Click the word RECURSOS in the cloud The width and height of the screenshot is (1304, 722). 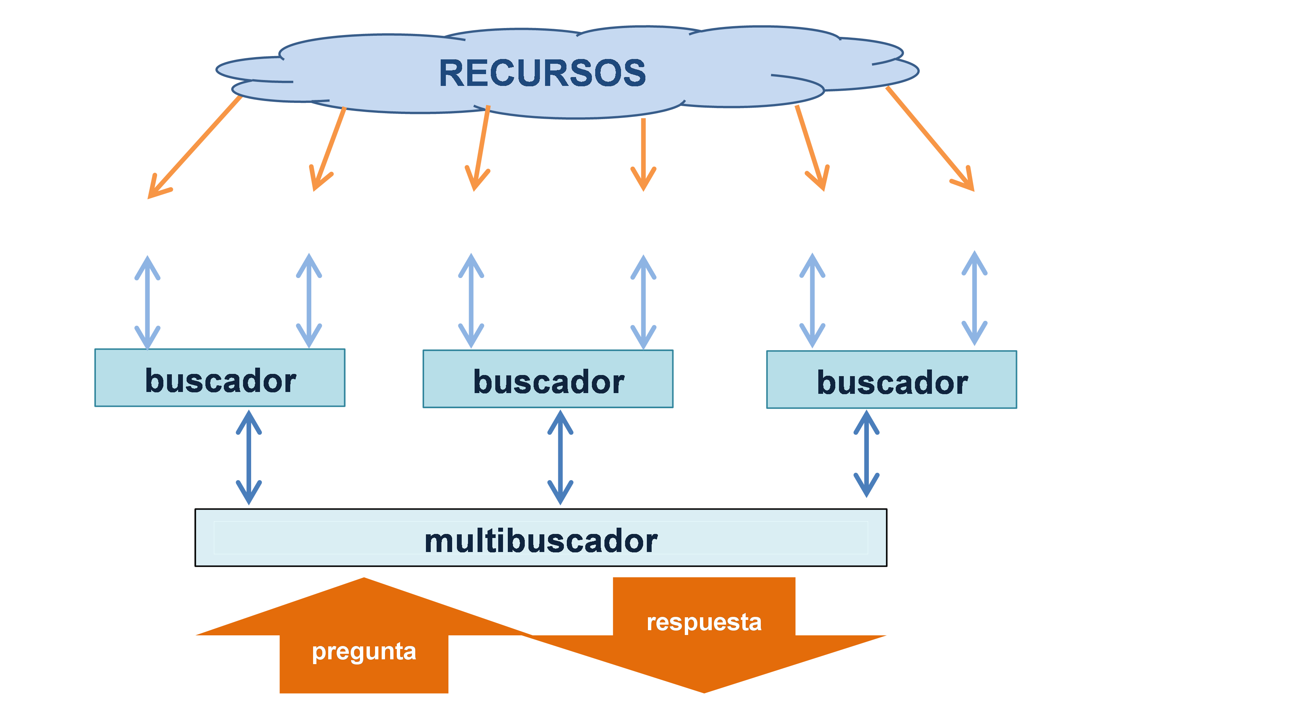click(542, 73)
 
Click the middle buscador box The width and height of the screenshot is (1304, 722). click(548, 379)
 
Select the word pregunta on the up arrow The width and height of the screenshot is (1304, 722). click(364, 651)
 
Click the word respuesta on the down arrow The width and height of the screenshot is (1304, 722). click(704, 622)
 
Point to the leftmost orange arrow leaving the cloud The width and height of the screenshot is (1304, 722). click(194, 148)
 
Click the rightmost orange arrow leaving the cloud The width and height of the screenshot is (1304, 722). click(930, 140)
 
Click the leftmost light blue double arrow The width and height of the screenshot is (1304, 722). click(147, 302)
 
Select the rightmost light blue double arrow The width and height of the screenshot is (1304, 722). click(974, 298)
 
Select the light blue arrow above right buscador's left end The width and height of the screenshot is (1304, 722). click(812, 301)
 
